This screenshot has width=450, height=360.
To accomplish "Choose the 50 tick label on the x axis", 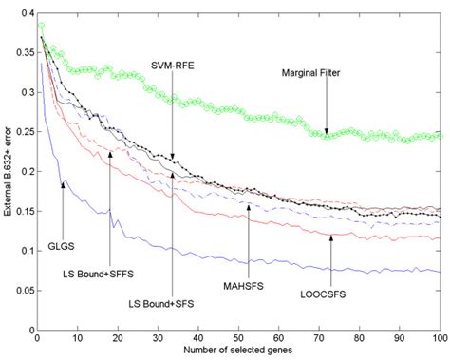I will [x=237, y=337].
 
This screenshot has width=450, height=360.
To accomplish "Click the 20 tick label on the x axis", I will [x=117, y=337].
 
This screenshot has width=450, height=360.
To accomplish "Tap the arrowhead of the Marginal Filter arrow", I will [x=326, y=134].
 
